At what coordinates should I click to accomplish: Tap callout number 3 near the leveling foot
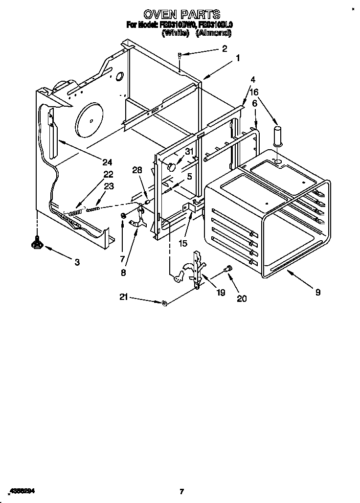[77, 262]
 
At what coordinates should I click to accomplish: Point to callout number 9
[318, 293]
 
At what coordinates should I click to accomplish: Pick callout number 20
[242, 298]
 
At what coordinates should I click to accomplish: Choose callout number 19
[220, 293]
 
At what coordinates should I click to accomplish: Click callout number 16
[254, 91]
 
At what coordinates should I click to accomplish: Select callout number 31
[189, 152]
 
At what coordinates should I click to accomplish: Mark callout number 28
[137, 170]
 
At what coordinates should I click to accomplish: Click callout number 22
[108, 174]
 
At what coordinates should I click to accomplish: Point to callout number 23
[109, 186]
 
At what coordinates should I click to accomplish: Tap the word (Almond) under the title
[213, 34]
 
